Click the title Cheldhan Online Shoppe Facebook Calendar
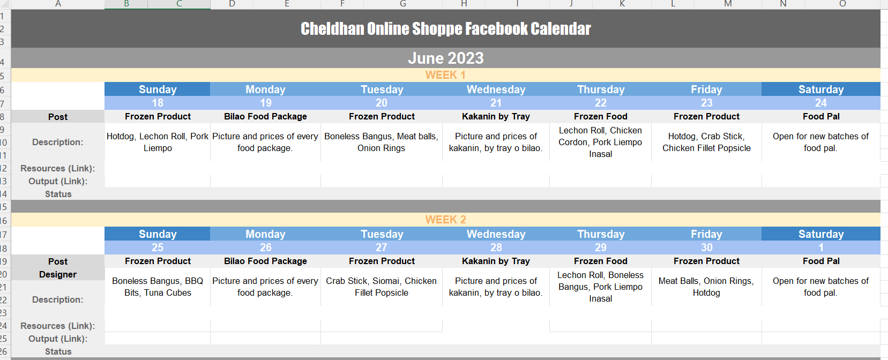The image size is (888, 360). click(445, 28)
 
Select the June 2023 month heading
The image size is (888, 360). click(445, 58)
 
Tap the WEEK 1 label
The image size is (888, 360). click(445, 75)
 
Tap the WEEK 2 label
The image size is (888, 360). click(445, 220)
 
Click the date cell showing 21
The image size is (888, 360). click(496, 103)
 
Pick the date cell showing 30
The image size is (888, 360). click(706, 248)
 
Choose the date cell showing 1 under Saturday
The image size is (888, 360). click(821, 248)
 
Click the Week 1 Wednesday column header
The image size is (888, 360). click(496, 89)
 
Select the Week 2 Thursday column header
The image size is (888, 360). click(601, 234)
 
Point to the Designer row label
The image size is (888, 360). click(58, 274)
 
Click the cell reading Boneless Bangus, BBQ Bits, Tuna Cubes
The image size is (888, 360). click(158, 287)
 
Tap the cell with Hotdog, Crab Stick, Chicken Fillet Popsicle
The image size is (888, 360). click(706, 142)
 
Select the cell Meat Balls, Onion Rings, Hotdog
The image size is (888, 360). click(706, 287)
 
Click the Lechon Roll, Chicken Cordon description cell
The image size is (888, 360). click(601, 142)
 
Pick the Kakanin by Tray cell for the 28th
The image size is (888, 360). click(496, 261)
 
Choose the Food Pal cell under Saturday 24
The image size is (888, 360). click(821, 117)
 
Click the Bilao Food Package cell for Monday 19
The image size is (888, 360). click(265, 117)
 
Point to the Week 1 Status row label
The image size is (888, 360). click(58, 194)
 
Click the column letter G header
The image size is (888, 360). click(403, 4)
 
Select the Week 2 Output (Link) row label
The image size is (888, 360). click(58, 339)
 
